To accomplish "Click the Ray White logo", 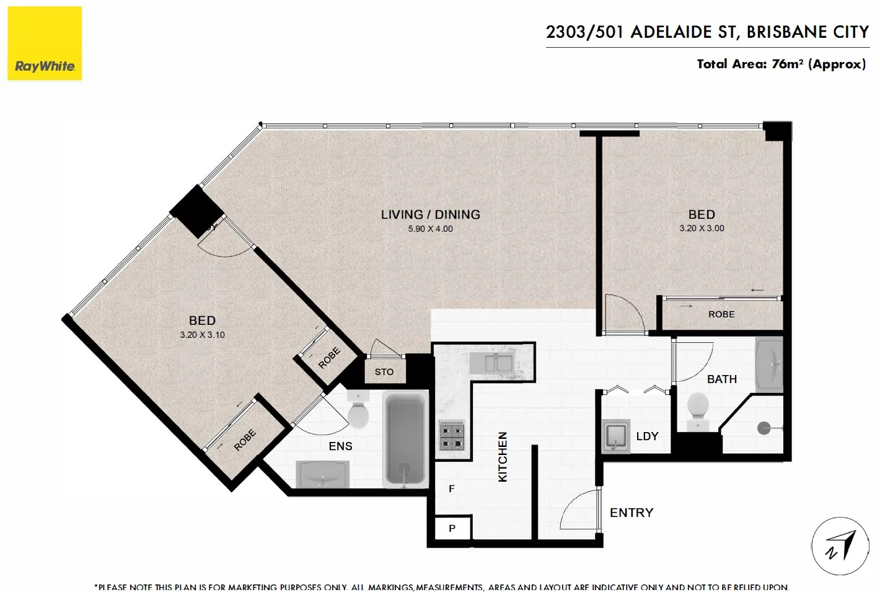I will (45, 43).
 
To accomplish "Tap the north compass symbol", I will (840, 546).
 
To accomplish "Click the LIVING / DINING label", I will (430, 214).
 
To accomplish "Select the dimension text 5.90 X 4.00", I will (430, 229).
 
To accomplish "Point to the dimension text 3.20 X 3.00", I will (702, 228).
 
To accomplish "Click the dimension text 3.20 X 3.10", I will (202, 335).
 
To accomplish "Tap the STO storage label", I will (384, 372).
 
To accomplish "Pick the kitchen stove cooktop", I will (451, 435).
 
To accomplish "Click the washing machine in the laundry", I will (616, 436).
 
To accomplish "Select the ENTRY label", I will (631, 513).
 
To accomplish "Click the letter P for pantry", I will (452, 529).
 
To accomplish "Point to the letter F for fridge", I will (451, 489).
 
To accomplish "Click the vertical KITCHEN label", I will (503, 457).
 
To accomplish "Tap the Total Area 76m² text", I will (781, 64).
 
